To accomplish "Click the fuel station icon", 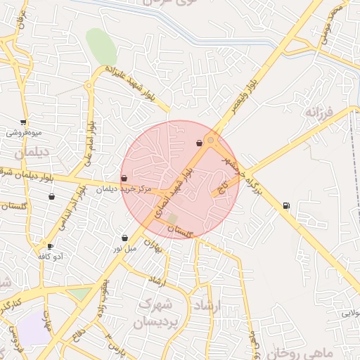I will (x=285, y=205).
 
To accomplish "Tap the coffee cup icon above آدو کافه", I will (x=50, y=246).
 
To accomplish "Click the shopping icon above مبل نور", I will (x=124, y=238).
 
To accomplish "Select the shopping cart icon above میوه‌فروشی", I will (x=24, y=122).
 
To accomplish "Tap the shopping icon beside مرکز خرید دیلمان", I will (x=124, y=179).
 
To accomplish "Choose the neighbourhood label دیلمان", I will (x=29, y=151).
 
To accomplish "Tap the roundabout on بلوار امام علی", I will (x=89, y=87).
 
